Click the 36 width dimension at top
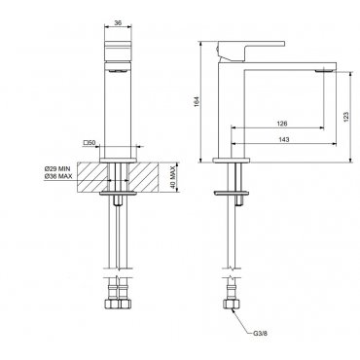click(118, 22)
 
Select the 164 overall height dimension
click(196, 101)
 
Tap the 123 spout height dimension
click(345, 117)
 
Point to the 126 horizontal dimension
click(282, 124)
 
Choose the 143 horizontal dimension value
click(284, 139)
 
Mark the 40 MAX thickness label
click(173, 177)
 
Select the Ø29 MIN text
click(57, 169)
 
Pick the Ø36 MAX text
click(58, 176)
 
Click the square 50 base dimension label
click(89, 142)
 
